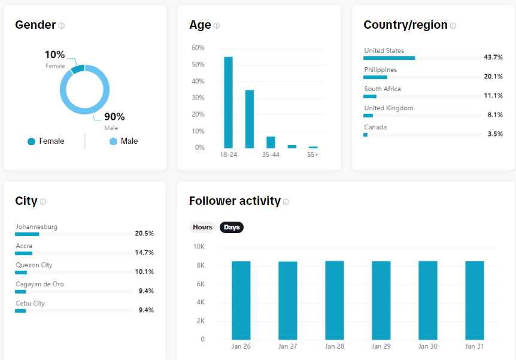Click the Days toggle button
[x=232, y=227]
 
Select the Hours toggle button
[x=202, y=227]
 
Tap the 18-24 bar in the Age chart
[x=229, y=102]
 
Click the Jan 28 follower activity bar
[x=335, y=300]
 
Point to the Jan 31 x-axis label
[x=474, y=346]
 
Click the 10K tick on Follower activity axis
[x=199, y=246]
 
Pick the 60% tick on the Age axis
[x=198, y=48]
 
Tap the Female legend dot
[x=31, y=141]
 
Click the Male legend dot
[x=113, y=141]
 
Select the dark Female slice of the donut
[x=78, y=68]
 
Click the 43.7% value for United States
[x=493, y=58]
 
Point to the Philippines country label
[x=381, y=70]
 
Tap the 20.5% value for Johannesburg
[x=144, y=233]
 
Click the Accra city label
[x=24, y=246]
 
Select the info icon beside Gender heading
[x=62, y=25]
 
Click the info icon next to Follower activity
[x=286, y=202]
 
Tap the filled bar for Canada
[x=365, y=135]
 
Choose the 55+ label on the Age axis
[x=313, y=155]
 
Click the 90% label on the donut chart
[x=114, y=117]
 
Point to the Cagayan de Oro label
[x=40, y=285]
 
